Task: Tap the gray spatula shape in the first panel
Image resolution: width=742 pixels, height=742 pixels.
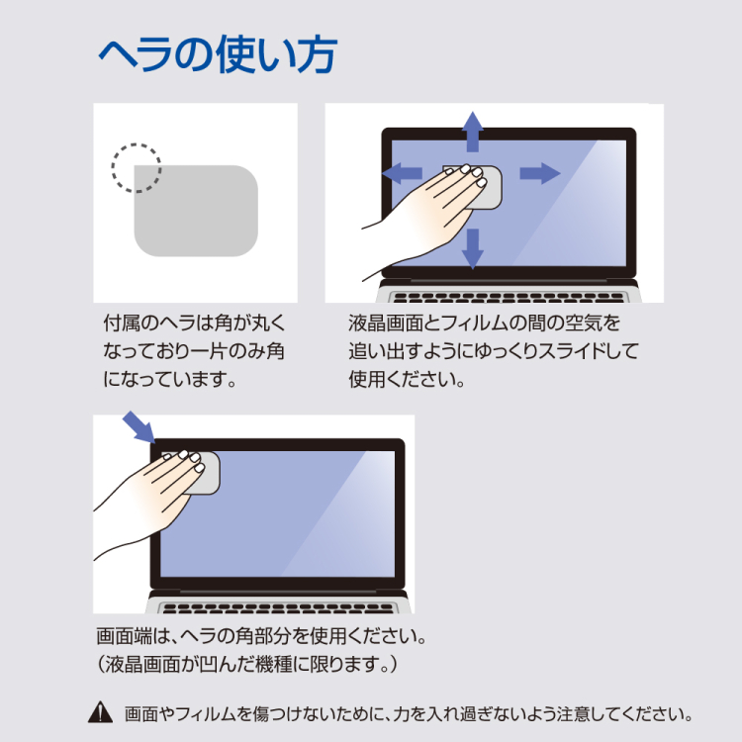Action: pos(198,212)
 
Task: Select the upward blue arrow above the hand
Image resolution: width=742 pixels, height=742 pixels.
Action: pos(473,130)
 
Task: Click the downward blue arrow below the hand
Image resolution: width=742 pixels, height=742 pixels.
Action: pos(473,247)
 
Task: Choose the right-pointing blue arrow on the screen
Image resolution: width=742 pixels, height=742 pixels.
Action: pos(540,173)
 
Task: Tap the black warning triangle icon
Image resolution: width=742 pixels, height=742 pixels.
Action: pos(101,711)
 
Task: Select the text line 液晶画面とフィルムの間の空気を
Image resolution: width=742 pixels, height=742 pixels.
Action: pos(484,324)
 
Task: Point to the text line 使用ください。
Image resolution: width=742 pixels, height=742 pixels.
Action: pos(407,379)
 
